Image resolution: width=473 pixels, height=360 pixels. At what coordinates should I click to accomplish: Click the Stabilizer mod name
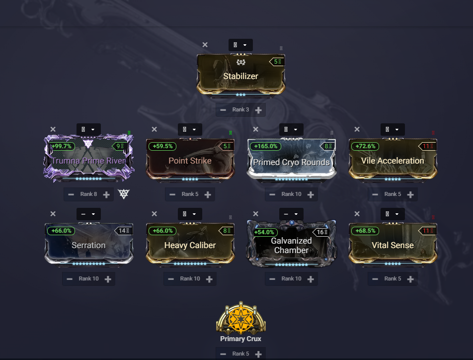(x=240, y=76)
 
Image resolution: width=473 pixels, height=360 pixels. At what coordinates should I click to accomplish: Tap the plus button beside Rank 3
(x=258, y=110)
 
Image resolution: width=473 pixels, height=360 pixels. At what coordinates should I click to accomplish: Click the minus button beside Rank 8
(x=71, y=194)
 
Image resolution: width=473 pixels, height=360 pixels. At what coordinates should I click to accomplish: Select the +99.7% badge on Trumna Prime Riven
(x=62, y=146)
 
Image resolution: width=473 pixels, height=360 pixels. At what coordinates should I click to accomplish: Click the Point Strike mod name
(x=190, y=161)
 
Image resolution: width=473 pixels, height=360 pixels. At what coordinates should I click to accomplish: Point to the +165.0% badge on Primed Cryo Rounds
(x=266, y=146)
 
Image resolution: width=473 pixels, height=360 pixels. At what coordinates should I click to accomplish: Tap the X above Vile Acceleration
(x=357, y=129)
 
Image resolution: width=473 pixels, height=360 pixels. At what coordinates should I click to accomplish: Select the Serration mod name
(x=88, y=245)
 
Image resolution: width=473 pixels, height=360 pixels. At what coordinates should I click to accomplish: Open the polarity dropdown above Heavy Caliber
(x=190, y=214)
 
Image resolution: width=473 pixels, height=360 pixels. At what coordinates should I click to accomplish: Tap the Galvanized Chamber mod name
(x=291, y=245)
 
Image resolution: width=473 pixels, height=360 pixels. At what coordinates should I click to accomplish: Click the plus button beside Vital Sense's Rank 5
(x=410, y=279)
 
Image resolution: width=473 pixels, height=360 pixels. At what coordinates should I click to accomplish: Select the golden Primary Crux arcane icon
(x=241, y=317)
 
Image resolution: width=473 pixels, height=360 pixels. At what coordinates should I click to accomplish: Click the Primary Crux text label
(x=240, y=339)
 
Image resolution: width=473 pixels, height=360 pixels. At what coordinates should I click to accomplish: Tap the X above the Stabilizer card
(x=205, y=45)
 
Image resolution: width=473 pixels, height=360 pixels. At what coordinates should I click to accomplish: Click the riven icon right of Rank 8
(x=124, y=194)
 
